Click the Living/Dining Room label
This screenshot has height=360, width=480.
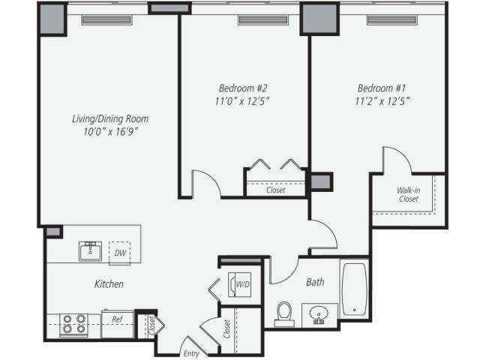[109, 118]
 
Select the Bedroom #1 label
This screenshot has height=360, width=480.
[382, 86]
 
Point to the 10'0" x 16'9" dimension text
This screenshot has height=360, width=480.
[109, 132]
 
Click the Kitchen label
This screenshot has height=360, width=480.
[109, 284]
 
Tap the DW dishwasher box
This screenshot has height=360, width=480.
[118, 253]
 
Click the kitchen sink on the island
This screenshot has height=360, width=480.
[91, 250]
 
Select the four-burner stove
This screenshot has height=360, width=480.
[73, 324]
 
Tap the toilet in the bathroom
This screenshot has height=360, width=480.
[284, 313]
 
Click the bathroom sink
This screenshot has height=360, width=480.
[319, 314]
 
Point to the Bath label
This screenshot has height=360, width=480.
[315, 283]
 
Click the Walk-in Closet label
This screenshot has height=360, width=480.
[408, 195]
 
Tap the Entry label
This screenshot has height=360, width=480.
[191, 352]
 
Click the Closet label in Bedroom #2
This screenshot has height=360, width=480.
[275, 190]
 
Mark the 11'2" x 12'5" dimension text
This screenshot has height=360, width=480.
[382, 100]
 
